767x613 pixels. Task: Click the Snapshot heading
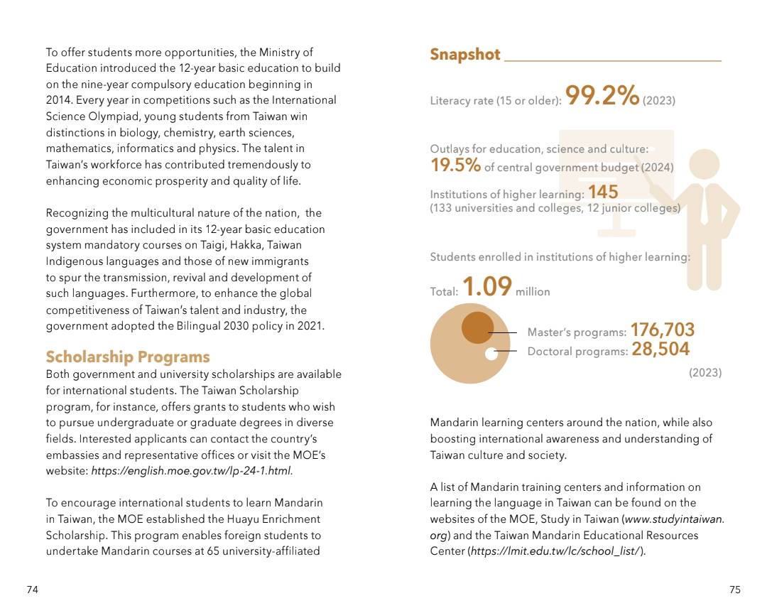click(x=464, y=54)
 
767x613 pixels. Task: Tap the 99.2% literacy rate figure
click(x=602, y=95)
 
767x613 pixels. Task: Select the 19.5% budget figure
click(x=455, y=166)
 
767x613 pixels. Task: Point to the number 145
click(x=603, y=192)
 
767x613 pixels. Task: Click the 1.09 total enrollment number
click(x=486, y=287)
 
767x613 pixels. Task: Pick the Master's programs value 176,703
click(x=663, y=330)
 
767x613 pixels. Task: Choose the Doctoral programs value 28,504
click(x=660, y=349)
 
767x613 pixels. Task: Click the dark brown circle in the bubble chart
click(x=477, y=327)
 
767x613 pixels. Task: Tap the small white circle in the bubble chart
click(x=491, y=353)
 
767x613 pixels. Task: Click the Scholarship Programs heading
click(x=128, y=357)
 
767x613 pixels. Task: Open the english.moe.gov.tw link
click(x=192, y=471)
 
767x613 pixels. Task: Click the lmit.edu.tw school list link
click(x=555, y=551)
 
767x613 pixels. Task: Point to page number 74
click(x=32, y=590)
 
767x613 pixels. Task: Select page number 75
click(x=735, y=590)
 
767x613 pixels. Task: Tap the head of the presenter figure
click(x=705, y=164)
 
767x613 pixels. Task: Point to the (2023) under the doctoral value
click(x=705, y=373)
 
